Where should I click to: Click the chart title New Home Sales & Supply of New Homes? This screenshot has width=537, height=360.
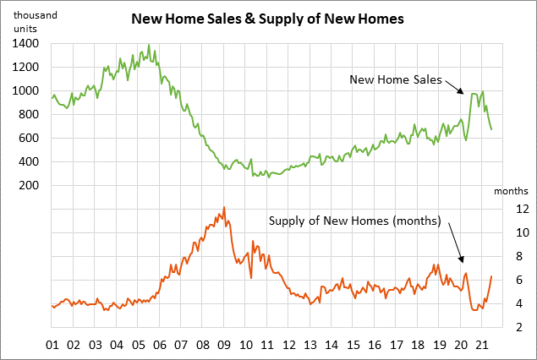(x=268, y=17)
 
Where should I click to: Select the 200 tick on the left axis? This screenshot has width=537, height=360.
(x=30, y=185)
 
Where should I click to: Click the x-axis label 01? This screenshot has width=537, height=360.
(x=52, y=345)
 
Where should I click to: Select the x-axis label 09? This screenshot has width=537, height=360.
(x=224, y=345)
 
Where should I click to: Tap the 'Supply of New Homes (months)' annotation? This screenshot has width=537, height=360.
(x=355, y=221)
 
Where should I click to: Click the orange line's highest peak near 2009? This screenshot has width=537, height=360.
(x=223, y=207)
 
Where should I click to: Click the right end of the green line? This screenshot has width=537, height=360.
(x=491, y=129)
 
